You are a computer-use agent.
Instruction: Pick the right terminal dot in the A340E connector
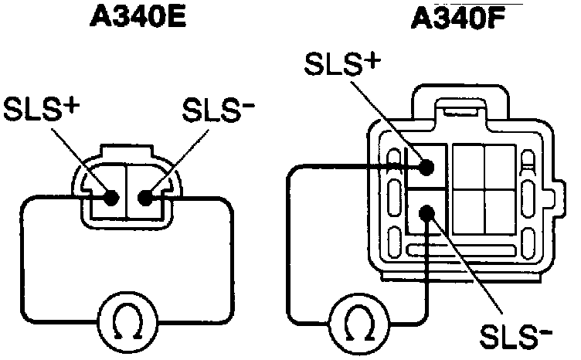(144, 197)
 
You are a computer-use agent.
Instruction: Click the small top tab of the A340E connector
(128, 152)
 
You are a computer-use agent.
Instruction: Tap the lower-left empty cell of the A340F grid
(467, 210)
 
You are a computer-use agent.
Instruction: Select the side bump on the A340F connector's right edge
(554, 191)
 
